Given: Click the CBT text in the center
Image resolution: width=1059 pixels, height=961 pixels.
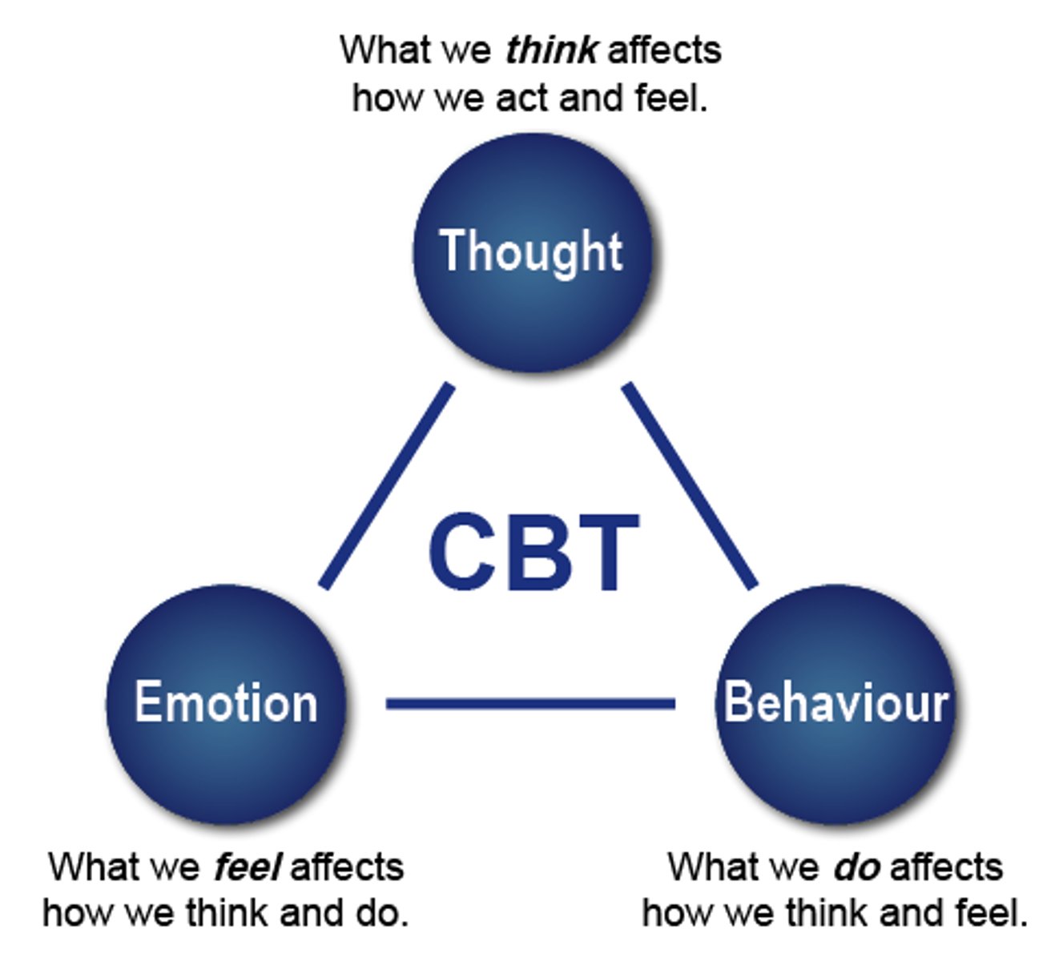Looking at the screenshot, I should (x=534, y=553).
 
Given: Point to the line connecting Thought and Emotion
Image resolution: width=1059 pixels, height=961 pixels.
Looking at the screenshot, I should (x=387, y=486).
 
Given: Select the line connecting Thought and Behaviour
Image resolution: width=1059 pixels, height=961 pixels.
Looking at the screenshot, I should (x=690, y=486).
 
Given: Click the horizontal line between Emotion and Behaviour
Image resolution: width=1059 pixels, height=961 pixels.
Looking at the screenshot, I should (x=530, y=704).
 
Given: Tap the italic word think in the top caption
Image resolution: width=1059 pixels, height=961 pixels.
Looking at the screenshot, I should (x=551, y=50).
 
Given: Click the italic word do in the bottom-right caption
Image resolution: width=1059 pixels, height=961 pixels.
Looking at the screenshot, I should (x=856, y=867).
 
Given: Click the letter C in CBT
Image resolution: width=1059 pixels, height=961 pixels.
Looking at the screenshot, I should (x=460, y=553).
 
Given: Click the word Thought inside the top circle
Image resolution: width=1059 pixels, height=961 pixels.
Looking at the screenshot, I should (x=531, y=251).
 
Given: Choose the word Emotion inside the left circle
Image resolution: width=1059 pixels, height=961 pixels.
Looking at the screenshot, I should (x=226, y=702).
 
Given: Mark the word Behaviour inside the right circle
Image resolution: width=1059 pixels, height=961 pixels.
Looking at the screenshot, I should (x=836, y=702).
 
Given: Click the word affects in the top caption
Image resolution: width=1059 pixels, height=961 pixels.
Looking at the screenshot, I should (x=664, y=50).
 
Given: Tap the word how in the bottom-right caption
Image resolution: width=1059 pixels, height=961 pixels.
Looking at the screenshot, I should (x=670, y=913).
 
